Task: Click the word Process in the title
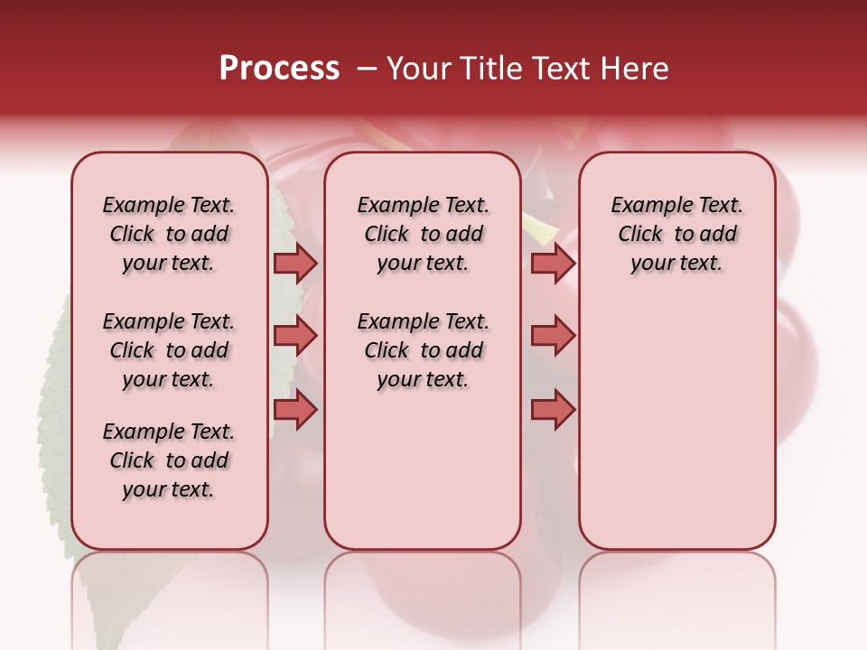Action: (279, 69)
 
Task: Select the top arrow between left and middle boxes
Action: (295, 263)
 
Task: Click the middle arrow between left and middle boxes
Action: (295, 336)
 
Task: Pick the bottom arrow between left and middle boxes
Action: (295, 409)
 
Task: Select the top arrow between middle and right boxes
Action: (553, 263)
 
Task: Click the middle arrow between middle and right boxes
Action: (553, 336)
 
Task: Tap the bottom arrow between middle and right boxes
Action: (553, 409)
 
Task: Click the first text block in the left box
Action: (169, 234)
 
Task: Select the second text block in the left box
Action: (169, 350)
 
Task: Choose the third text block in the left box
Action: (169, 460)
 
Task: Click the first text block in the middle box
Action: (423, 234)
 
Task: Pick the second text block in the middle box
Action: (423, 350)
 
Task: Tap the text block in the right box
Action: (676, 234)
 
